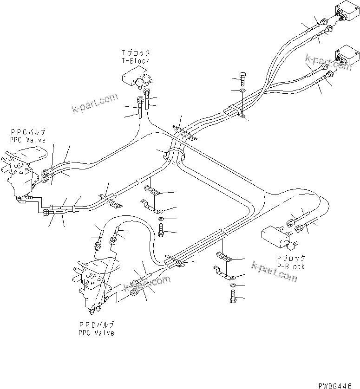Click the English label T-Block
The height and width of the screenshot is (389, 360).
[x=136, y=61]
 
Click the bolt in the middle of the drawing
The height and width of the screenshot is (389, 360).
[x=161, y=229]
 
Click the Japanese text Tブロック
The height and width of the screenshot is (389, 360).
[x=136, y=53]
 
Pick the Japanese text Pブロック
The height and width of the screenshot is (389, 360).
[x=291, y=259]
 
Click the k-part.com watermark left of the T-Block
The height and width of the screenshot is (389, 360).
[x=95, y=104]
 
